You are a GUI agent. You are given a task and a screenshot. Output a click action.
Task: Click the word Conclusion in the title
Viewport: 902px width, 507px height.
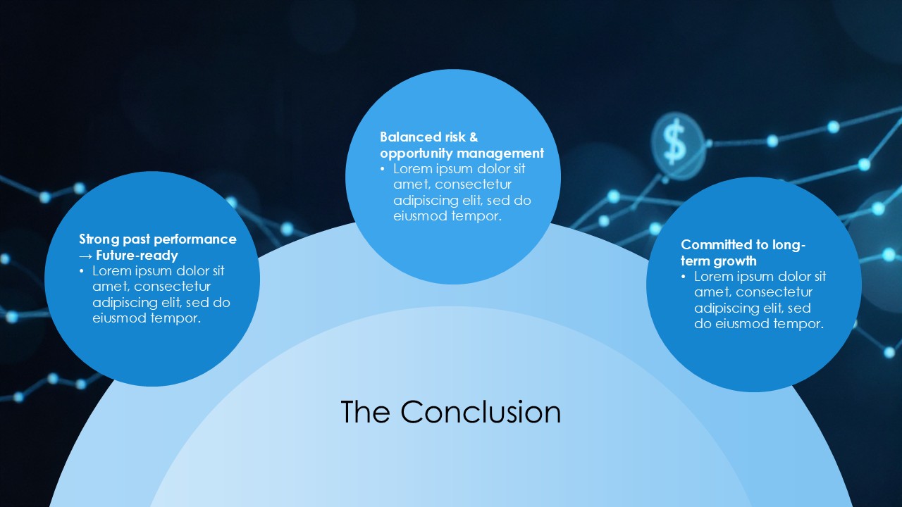coord(481,412)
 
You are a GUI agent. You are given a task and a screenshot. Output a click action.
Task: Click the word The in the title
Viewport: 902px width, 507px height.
coord(365,411)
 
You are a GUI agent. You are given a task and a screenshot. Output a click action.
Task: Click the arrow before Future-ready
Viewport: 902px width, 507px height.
coord(85,256)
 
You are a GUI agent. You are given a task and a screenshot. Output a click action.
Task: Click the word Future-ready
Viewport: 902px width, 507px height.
coord(137,256)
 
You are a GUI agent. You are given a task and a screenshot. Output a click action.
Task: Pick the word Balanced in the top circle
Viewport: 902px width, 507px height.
coord(410,137)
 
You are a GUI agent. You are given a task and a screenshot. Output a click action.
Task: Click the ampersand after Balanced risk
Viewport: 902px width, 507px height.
coord(474,137)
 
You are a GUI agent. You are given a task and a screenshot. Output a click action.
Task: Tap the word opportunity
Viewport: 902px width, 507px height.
coord(416,154)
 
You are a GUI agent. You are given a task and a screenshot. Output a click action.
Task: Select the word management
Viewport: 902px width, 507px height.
coord(500,154)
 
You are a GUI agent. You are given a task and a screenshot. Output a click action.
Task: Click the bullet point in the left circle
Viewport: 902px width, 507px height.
coord(82,271)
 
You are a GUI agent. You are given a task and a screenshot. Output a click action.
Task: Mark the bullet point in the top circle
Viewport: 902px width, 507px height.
coord(383,169)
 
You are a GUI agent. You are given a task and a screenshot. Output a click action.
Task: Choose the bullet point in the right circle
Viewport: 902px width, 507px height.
coord(684,277)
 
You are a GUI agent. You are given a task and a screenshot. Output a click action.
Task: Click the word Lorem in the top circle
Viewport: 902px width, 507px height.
coord(413,169)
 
